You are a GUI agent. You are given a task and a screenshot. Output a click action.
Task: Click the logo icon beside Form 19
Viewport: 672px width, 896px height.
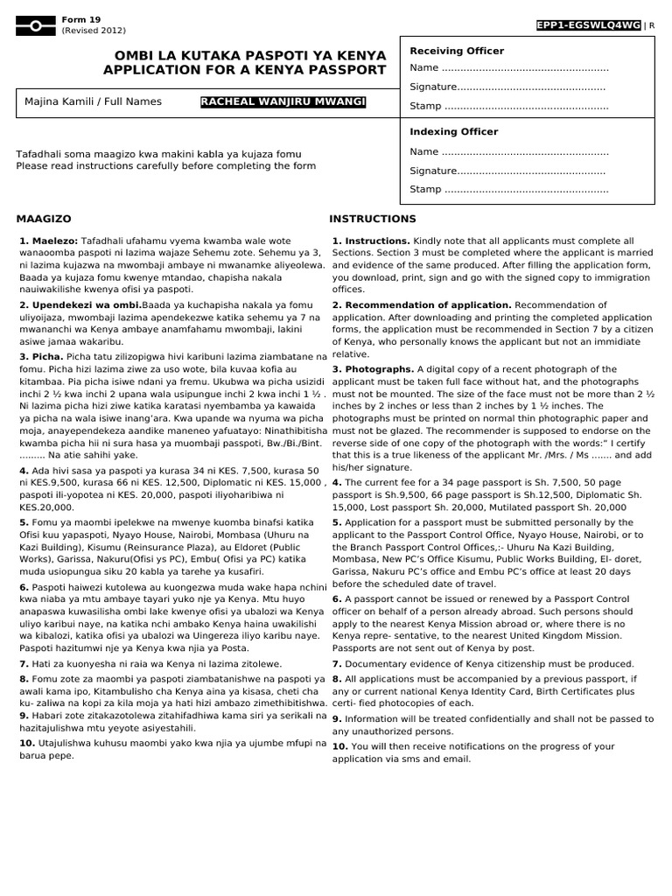[x=34, y=25]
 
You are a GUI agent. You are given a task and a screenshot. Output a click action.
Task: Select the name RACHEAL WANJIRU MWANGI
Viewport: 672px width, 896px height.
[x=283, y=102]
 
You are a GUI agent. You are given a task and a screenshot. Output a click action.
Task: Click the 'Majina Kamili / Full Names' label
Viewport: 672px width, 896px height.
[x=94, y=101]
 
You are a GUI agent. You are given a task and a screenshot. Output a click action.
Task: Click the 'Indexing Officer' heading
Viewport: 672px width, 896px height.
[x=454, y=132]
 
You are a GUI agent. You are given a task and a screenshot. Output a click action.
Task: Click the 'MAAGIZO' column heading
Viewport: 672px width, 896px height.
[x=44, y=219]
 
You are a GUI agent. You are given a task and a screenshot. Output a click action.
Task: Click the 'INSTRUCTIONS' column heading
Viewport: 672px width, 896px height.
[x=373, y=219]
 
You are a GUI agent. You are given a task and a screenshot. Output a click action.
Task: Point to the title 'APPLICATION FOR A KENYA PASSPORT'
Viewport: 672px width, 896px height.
[x=244, y=70]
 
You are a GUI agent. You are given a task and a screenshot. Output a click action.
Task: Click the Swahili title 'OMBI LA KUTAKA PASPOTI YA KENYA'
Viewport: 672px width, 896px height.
[x=244, y=54]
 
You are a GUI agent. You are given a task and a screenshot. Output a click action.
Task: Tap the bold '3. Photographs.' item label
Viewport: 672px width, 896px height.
[x=373, y=369]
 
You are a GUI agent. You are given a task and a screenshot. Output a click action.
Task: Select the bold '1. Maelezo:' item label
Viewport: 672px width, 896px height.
[x=48, y=241]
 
